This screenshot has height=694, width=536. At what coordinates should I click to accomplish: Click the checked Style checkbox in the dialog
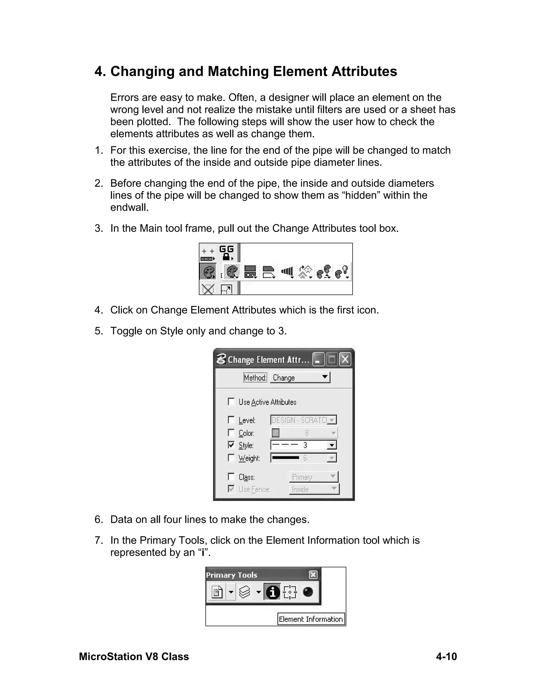(x=231, y=445)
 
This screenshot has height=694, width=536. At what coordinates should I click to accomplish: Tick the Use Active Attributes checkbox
(x=231, y=402)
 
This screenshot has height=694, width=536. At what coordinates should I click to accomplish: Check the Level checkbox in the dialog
(x=231, y=420)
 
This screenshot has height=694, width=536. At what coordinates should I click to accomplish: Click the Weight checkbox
(x=231, y=458)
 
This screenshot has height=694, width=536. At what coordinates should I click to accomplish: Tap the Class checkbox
(x=231, y=477)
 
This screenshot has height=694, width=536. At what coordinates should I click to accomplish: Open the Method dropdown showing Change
(x=300, y=377)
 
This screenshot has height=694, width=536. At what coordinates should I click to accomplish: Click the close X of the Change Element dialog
(x=345, y=359)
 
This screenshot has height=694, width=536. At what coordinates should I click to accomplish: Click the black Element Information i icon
(x=272, y=592)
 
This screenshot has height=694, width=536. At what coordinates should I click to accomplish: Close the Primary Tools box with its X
(x=313, y=575)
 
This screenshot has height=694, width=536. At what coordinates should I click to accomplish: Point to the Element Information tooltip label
(x=311, y=619)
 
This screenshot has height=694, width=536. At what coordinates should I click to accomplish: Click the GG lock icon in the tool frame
(x=226, y=253)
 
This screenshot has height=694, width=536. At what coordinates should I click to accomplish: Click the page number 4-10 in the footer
(x=446, y=657)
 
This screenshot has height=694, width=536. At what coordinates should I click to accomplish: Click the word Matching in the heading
(x=238, y=71)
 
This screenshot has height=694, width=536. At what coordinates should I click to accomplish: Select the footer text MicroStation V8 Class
(x=134, y=657)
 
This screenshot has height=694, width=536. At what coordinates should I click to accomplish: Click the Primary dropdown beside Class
(x=313, y=477)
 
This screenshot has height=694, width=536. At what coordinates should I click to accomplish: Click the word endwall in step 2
(x=129, y=207)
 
